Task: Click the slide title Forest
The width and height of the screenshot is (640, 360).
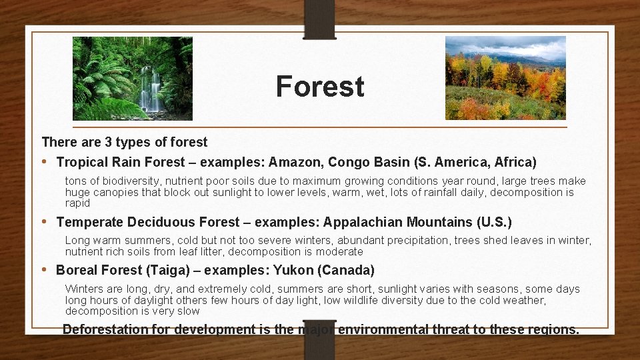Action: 320,87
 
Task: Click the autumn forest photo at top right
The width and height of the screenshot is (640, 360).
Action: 505,78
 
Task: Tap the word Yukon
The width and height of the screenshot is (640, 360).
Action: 295,270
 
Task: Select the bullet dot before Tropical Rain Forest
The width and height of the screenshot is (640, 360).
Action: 45,162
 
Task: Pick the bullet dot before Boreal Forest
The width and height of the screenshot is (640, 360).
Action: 45,270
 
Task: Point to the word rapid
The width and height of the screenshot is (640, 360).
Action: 77,203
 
